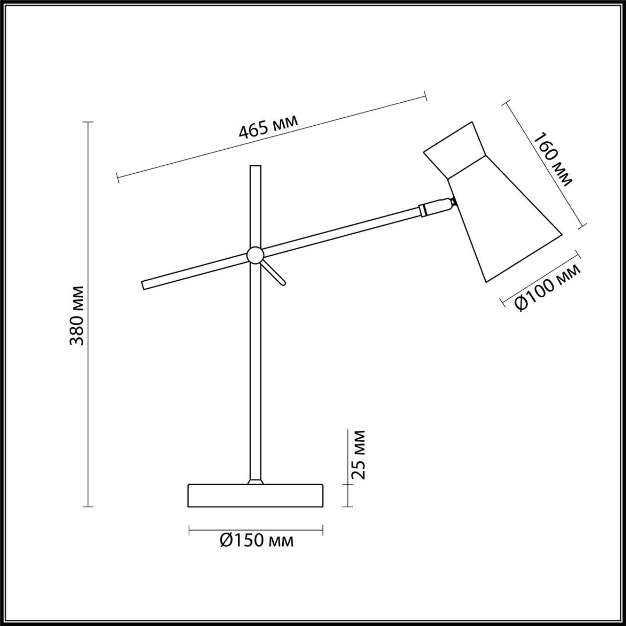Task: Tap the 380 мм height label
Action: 77,315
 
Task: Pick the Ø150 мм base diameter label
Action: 257,540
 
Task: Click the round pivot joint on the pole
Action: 255,255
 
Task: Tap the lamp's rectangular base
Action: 255,505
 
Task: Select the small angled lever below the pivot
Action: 274,273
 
